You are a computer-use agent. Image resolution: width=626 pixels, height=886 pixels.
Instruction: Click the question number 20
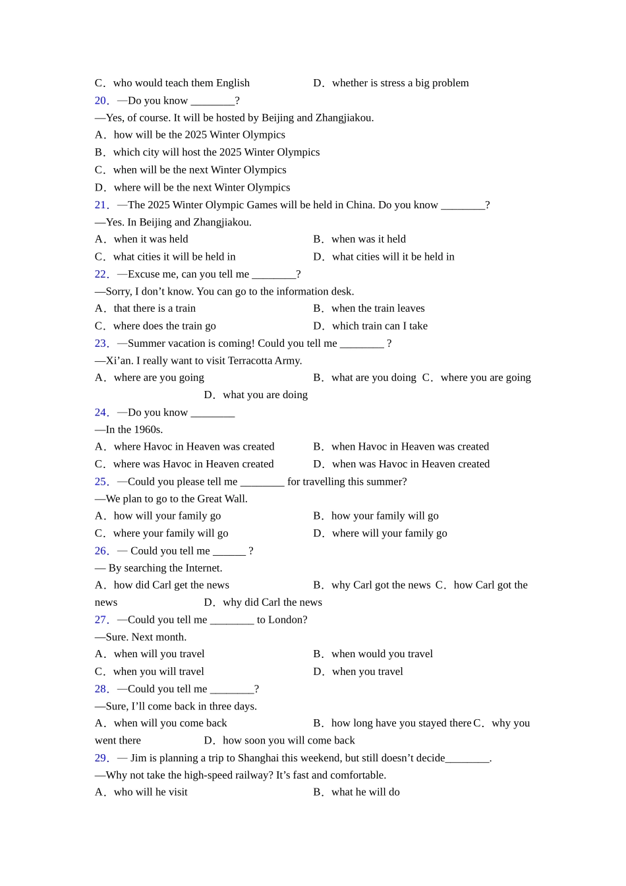click(x=101, y=101)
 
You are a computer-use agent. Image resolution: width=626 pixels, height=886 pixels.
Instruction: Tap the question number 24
click(x=101, y=413)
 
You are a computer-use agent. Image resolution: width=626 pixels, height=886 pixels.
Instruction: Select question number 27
click(x=101, y=620)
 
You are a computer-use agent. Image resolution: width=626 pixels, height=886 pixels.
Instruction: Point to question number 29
click(x=101, y=758)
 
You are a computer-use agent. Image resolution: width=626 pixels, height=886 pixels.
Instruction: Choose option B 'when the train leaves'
click(x=378, y=309)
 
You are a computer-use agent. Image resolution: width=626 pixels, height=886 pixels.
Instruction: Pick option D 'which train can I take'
click(x=380, y=326)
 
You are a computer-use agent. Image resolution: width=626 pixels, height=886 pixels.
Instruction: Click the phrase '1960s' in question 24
click(x=148, y=430)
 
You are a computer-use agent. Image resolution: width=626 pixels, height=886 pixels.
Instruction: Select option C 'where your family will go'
click(x=170, y=533)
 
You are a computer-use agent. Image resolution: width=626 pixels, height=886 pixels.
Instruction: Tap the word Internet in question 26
click(x=202, y=568)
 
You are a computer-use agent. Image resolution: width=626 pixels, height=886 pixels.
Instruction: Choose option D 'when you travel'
click(x=367, y=672)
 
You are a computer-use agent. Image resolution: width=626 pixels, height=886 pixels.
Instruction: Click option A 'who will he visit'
click(x=150, y=792)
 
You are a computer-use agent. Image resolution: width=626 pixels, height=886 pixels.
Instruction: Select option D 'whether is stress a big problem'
click(x=400, y=83)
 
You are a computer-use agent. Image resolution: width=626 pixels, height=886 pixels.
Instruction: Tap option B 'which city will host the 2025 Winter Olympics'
click(x=216, y=152)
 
